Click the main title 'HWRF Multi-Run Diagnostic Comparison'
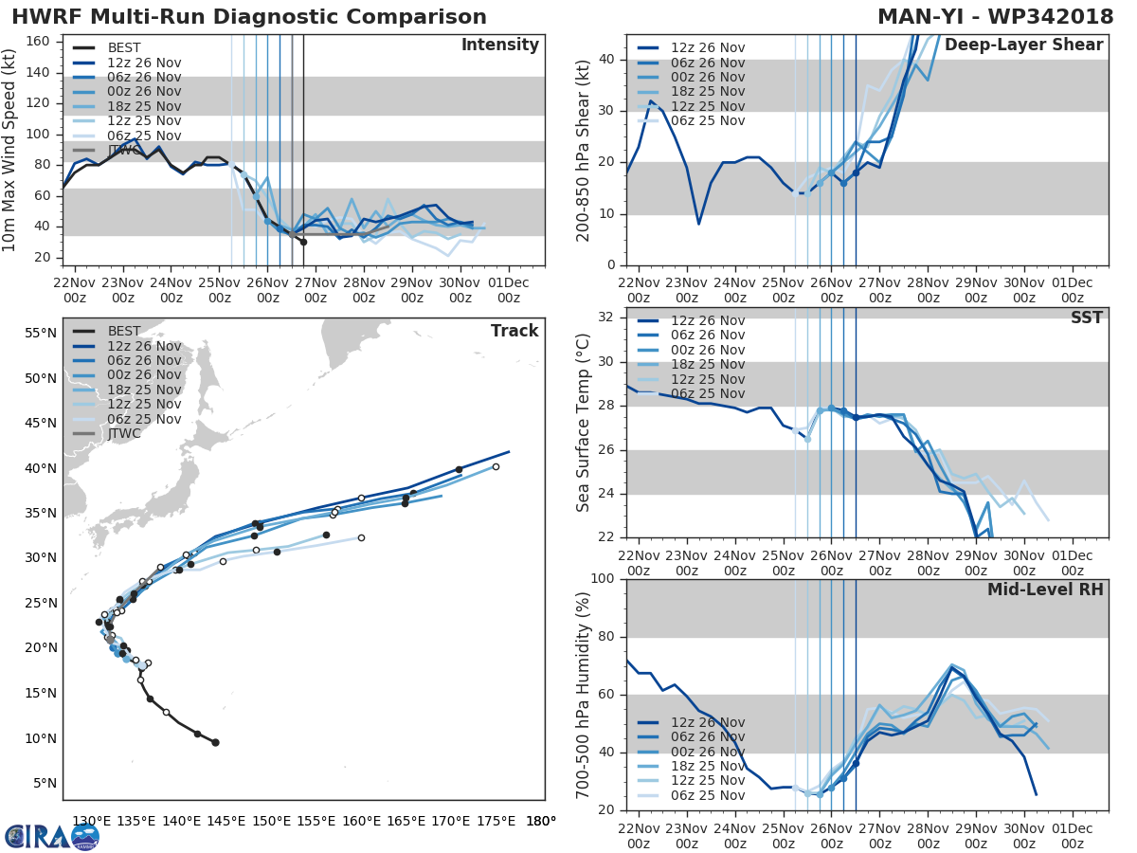(x=249, y=17)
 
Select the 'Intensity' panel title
(x=499, y=45)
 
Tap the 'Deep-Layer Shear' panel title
(x=1023, y=45)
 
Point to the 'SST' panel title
(x=1087, y=318)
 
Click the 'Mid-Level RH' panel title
(x=1045, y=590)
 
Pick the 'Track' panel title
(x=514, y=331)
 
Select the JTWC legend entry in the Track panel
(x=124, y=433)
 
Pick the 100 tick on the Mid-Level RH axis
(x=603, y=579)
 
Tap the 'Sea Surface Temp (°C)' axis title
(x=584, y=423)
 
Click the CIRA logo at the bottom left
(x=51, y=836)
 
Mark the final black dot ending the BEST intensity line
(x=303, y=242)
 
